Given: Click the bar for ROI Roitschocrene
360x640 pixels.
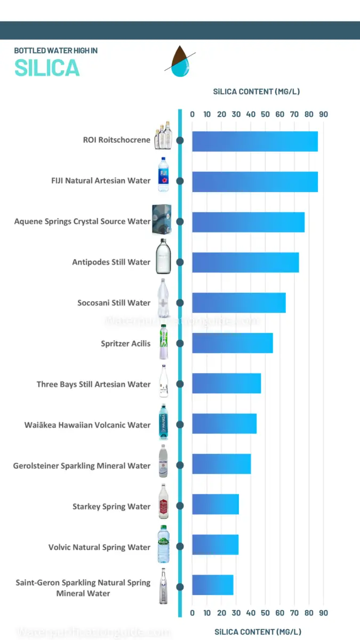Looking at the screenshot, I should [x=255, y=141].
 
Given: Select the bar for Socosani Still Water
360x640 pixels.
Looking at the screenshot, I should [x=239, y=303].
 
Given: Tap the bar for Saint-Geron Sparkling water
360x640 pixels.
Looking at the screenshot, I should [x=213, y=585].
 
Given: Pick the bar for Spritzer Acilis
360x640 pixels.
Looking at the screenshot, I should [x=233, y=343].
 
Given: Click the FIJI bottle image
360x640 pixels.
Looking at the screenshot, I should [x=163, y=174].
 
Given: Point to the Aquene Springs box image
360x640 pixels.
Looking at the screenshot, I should [x=162, y=220].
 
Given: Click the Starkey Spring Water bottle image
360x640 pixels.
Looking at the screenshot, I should [x=163, y=502].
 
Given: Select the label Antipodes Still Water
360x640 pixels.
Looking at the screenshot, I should [x=111, y=262].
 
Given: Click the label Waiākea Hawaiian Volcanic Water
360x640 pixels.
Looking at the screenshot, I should [x=87, y=425].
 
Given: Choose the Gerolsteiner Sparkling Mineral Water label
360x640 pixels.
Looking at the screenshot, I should [x=82, y=466].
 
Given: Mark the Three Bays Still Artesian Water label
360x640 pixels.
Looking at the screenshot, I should [x=94, y=385].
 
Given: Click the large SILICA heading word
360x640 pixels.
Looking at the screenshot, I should [x=47, y=68].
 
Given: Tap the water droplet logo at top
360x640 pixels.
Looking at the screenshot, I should [x=180, y=61].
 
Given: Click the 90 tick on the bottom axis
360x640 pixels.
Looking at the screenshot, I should [x=323, y=613].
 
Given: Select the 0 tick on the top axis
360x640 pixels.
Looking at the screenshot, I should [x=193, y=114].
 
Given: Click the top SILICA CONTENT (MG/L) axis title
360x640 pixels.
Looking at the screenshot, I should [x=257, y=92].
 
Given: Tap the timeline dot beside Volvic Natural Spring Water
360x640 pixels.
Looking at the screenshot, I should [x=180, y=547].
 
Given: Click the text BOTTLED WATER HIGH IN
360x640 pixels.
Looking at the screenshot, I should [x=55, y=51].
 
